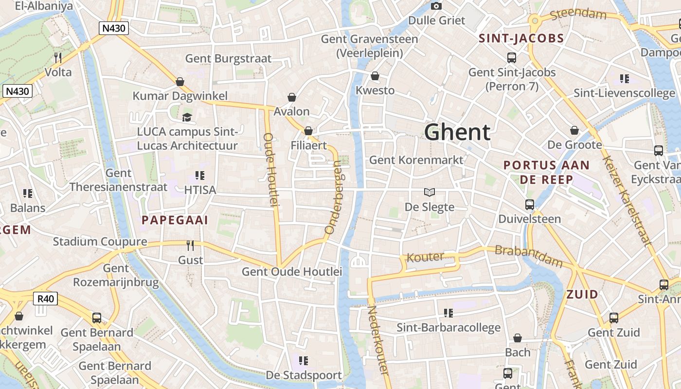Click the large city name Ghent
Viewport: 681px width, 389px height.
coord(457,132)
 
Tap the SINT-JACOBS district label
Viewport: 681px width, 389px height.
coord(521,38)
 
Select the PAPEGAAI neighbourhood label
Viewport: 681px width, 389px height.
coord(175,220)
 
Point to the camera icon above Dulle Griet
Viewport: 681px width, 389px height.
coord(436,6)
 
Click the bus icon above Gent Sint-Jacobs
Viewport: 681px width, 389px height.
coord(512,58)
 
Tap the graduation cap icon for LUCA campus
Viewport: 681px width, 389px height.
coord(187,117)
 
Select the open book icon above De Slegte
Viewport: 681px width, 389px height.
coord(429,192)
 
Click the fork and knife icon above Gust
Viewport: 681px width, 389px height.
coord(190,246)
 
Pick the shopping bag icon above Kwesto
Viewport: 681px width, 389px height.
coord(375,76)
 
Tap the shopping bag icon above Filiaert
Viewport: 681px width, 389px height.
coord(308,131)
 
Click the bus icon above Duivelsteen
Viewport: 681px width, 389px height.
coord(530,205)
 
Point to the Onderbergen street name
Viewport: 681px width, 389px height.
coord(335,198)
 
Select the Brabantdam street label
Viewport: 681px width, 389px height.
coord(528,256)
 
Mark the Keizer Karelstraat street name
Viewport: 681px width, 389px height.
coord(627,200)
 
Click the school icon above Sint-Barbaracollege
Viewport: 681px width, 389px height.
coord(448,313)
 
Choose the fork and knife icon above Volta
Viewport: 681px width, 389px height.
coord(58,58)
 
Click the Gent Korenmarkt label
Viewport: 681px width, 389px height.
coord(416,160)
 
